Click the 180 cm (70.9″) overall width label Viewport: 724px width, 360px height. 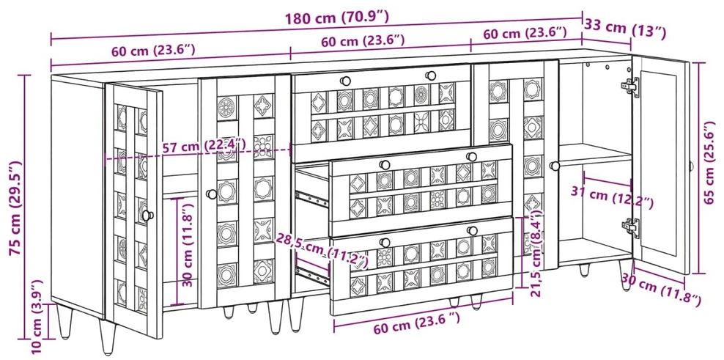pyautogui.click(x=336, y=18)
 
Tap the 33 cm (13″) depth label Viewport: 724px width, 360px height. pyautogui.click(x=625, y=29)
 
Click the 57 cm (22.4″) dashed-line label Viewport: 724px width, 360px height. pyautogui.click(x=204, y=147)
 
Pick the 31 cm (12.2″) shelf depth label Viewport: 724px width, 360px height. pyautogui.click(x=612, y=197)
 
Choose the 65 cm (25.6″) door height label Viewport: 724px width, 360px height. pyautogui.click(x=714, y=162)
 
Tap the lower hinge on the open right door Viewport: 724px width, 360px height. pyautogui.click(x=630, y=228)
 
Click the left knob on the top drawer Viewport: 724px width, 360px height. pyautogui.click(x=345, y=81)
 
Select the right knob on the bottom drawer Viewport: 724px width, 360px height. pyautogui.click(x=471, y=230)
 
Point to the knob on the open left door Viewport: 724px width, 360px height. pyautogui.click(x=148, y=215)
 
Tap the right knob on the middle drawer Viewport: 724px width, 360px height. pyautogui.click(x=471, y=157)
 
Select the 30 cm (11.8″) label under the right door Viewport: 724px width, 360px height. pyautogui.click(x=661, y=290)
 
